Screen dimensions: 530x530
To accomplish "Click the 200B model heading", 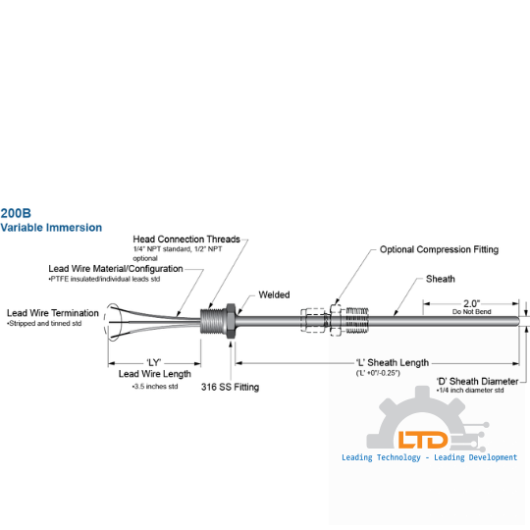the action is (16, 213).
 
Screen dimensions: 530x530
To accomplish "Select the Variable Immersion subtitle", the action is (51, 228).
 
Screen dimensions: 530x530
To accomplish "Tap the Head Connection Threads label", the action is (186, 239).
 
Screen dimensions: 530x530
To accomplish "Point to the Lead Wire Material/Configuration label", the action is (116, 269).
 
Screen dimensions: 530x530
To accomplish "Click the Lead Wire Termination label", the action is (53, 313).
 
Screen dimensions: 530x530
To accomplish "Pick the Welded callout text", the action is (274, 294).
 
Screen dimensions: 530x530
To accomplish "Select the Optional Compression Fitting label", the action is (439, 249).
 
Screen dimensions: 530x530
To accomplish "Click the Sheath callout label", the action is (441, 279).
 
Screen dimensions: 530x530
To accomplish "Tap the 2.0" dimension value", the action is (471, 303).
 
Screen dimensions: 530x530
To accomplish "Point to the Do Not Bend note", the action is (471, 312).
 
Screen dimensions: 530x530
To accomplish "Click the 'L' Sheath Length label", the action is (393, 363).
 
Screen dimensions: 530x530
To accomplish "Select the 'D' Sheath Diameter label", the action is (477, 381).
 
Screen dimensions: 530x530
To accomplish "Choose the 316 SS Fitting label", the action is (231, 387).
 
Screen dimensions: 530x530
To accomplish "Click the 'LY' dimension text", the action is (154, 363).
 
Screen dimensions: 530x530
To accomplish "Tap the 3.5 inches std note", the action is (155, 387).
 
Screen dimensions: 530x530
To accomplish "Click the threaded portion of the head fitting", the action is (213, 321).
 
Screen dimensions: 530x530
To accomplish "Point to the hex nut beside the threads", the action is (231, 321).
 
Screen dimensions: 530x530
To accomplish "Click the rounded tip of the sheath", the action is (517, 321).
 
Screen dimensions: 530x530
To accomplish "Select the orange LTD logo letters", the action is (423, 440).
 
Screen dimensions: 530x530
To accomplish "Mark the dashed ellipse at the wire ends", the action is (104, 322).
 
